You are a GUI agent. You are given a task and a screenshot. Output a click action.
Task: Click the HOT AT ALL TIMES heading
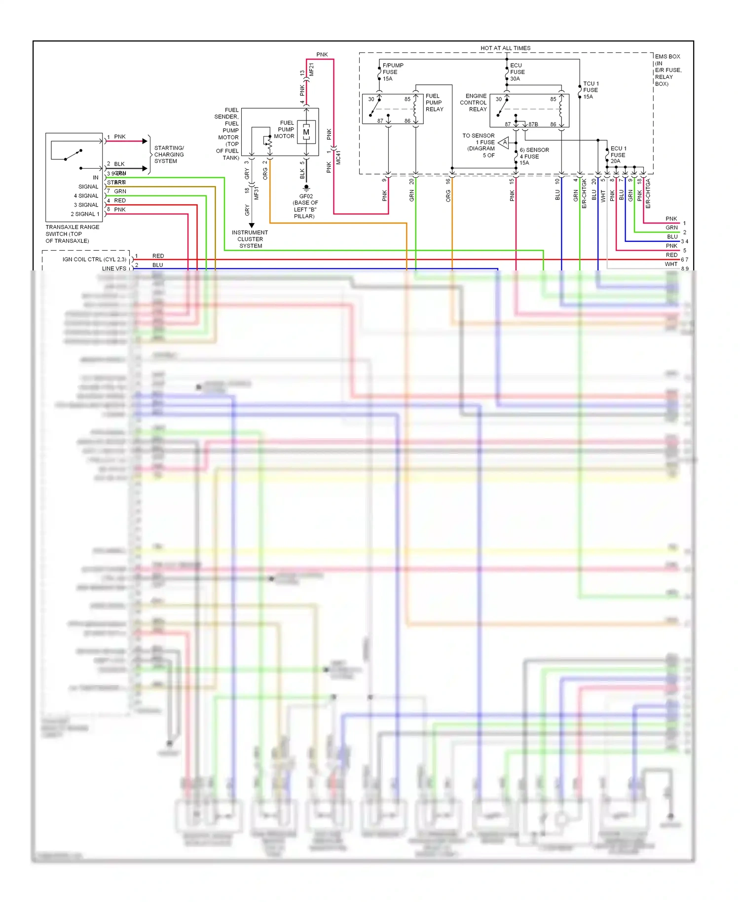505,48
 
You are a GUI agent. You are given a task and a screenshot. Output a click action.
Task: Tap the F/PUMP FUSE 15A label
393,72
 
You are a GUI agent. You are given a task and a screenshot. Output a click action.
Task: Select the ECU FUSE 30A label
517,72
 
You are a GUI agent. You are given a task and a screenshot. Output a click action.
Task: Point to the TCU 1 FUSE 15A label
591,90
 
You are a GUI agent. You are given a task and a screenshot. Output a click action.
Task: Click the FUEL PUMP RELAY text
434,103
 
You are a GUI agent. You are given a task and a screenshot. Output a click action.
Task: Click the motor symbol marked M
306,132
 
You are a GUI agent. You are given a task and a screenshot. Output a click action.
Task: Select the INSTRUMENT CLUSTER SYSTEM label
250,239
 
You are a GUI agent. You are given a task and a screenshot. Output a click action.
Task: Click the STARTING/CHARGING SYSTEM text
169,154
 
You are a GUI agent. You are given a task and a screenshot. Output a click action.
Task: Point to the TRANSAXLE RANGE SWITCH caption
72,234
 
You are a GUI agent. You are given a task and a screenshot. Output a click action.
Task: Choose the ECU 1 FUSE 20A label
618,155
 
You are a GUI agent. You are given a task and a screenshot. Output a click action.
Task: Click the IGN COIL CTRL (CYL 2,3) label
94,259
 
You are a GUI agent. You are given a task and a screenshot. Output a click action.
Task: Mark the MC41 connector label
338,157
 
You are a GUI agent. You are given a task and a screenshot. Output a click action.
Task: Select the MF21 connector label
311,70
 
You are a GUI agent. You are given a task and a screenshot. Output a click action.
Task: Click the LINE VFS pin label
114,268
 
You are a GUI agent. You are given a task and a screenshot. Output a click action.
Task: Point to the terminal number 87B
533,124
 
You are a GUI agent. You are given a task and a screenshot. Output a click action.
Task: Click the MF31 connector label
257,193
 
